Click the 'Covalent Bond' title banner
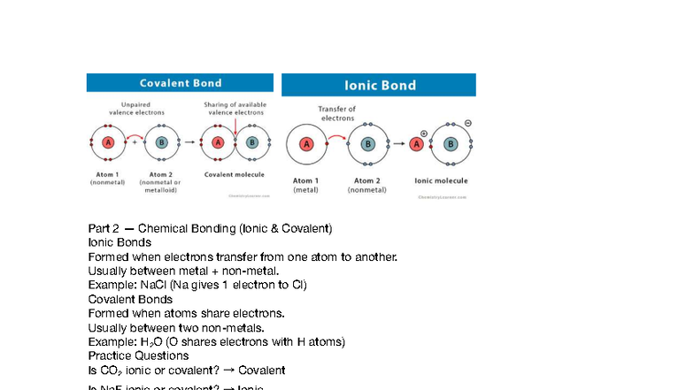coord(181,83)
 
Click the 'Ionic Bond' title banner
coord(380,85)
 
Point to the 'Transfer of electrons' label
coord(337,113)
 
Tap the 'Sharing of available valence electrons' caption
coord(235,109)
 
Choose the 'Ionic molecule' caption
coord(442,180)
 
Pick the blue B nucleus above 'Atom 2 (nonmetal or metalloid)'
coord(161,142)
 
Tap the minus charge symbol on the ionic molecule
coord(468,123)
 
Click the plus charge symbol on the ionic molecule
coord(424,134)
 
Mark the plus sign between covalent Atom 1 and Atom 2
coord(135,141)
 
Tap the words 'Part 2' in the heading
coord(104,228)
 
